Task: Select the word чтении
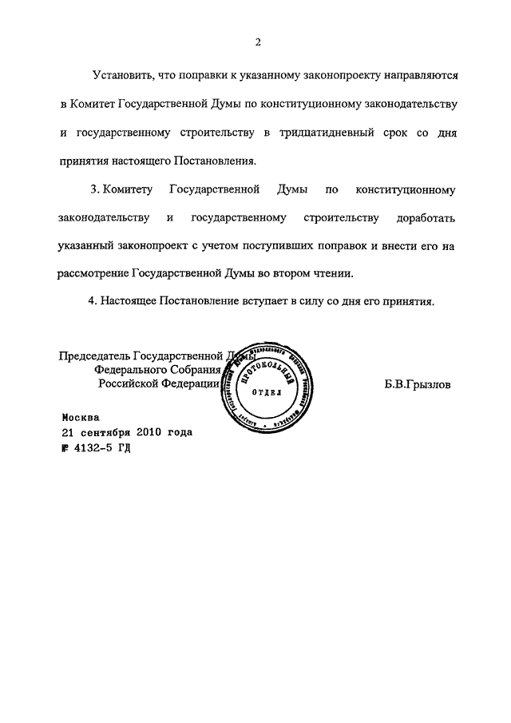point(333,273)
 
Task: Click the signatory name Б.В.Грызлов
point(418,384)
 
